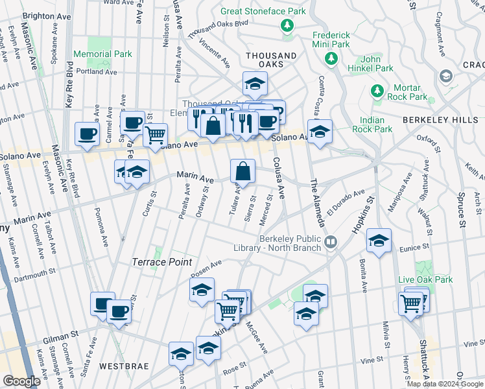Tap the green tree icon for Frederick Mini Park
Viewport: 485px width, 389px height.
click(x=331, y=59)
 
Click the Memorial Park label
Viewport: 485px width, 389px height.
click(x=102, y=55)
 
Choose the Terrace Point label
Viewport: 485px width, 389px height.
click(x=161, y=262)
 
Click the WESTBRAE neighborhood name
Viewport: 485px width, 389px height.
click(x=121, y=366)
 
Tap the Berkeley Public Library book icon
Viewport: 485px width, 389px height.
click(x=331, y=242)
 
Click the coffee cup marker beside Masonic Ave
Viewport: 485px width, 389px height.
click(x=87, y=134)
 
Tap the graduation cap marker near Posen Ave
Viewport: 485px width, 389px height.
click(x=202, y=289)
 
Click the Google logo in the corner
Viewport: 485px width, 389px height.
click(x=21, y=381)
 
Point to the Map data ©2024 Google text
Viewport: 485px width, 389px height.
click(x=445, y=384)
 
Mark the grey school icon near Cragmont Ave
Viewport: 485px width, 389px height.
click(x=445, y=76)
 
